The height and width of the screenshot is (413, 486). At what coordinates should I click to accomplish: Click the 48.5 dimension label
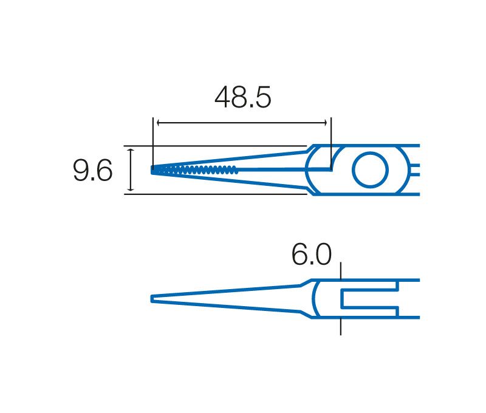point(242,97)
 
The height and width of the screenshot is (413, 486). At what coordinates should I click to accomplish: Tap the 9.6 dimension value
point(92,170)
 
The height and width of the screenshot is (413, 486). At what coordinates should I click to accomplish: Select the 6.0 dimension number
point(312,254)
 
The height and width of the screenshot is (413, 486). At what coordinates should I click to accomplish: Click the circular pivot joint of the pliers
point(370,170)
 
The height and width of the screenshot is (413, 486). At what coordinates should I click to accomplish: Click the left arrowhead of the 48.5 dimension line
point(159,123)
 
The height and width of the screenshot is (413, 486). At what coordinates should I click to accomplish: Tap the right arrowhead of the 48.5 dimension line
point(326,123)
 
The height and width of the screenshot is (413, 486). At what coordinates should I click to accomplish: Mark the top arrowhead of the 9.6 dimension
point(131,150)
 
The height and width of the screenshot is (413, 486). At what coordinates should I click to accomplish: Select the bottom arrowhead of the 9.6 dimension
point(131,189)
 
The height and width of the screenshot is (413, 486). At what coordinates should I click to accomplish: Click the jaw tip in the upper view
point(152,170)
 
